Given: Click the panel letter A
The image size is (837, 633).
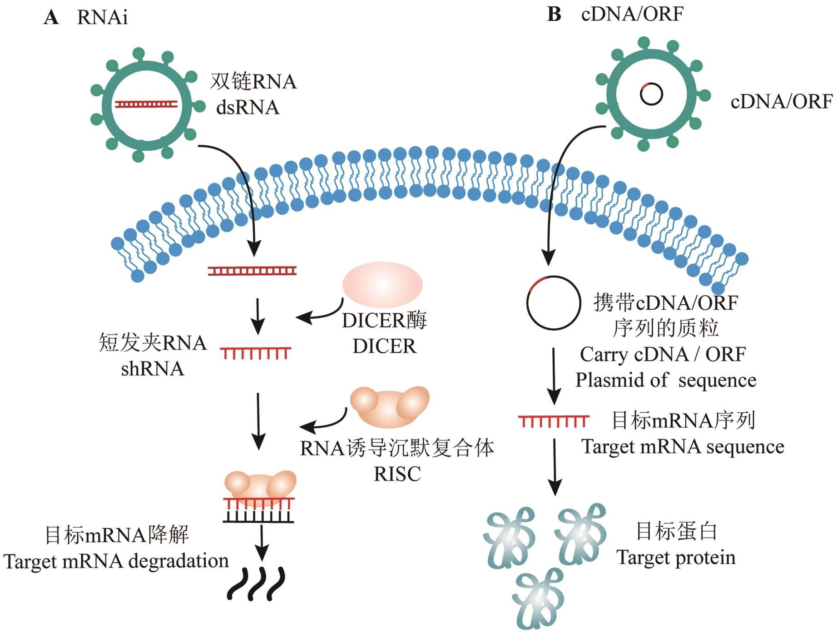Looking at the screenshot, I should click(x=51, y=18).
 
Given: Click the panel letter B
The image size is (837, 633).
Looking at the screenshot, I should click(x=554, y=14).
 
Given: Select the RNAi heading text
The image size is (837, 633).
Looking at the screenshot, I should click(x=102, y=18).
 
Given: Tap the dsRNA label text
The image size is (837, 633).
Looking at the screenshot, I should click(x=248, y=108).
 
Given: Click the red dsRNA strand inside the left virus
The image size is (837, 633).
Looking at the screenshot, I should click(x=146, y=104).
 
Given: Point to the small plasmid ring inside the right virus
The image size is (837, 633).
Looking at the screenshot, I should click(x=651, y=94).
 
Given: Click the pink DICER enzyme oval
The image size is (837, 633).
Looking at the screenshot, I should click(x=382, y=284).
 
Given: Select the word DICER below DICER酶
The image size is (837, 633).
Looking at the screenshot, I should click(x=384, y=346).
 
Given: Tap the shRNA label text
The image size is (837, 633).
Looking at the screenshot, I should click(x=153, y=369).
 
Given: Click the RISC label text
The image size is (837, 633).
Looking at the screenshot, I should click(x=397, y=474).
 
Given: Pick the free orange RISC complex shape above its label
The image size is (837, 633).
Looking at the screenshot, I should click(x=390, y=406).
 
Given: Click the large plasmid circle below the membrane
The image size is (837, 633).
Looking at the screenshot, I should click(x=554, y=302).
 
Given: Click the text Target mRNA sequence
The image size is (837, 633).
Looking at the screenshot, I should click(x=683, y=447).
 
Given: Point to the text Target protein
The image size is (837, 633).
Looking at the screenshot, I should click(x=676, y=557).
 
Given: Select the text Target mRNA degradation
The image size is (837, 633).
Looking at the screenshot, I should click(x=116, y=561).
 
